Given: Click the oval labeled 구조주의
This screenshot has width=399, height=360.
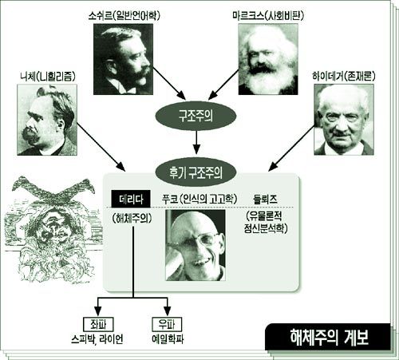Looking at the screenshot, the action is click(196, 117).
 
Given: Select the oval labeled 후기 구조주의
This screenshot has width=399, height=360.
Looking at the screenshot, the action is click(196, 172).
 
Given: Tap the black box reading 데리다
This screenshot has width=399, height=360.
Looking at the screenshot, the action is click(131, 199).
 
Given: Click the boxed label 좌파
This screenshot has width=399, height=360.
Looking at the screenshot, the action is click(98, 324).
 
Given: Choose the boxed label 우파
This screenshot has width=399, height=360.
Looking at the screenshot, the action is click(167, 324).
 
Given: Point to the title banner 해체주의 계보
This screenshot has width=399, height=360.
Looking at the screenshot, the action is click(328, 337).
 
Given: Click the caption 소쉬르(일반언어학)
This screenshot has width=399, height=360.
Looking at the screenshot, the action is click(124, 16).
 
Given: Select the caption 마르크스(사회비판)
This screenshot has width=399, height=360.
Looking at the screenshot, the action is click(268, 16).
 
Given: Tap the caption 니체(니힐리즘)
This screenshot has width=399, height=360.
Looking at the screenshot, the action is click(48, 77).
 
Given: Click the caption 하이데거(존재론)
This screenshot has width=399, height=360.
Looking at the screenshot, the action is click(344, 77).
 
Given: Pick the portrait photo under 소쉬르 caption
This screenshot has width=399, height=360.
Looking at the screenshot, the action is click(123, 59).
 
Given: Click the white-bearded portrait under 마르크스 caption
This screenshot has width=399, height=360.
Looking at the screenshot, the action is click(268, 59).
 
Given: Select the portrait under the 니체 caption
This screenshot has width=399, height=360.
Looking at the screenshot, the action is click(47, 120).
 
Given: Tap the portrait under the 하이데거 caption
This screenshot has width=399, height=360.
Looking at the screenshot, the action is click(344, 120).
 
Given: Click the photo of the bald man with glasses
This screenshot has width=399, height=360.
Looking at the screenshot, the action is click(196, 245).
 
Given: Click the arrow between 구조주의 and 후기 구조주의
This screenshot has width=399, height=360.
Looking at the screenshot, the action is click(196, 142).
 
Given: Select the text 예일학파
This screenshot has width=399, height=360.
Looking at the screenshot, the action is click(168, 339).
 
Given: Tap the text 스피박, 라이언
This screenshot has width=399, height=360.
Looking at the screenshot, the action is click(97, 339).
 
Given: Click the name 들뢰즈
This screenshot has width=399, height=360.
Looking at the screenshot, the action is click(265, 200).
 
